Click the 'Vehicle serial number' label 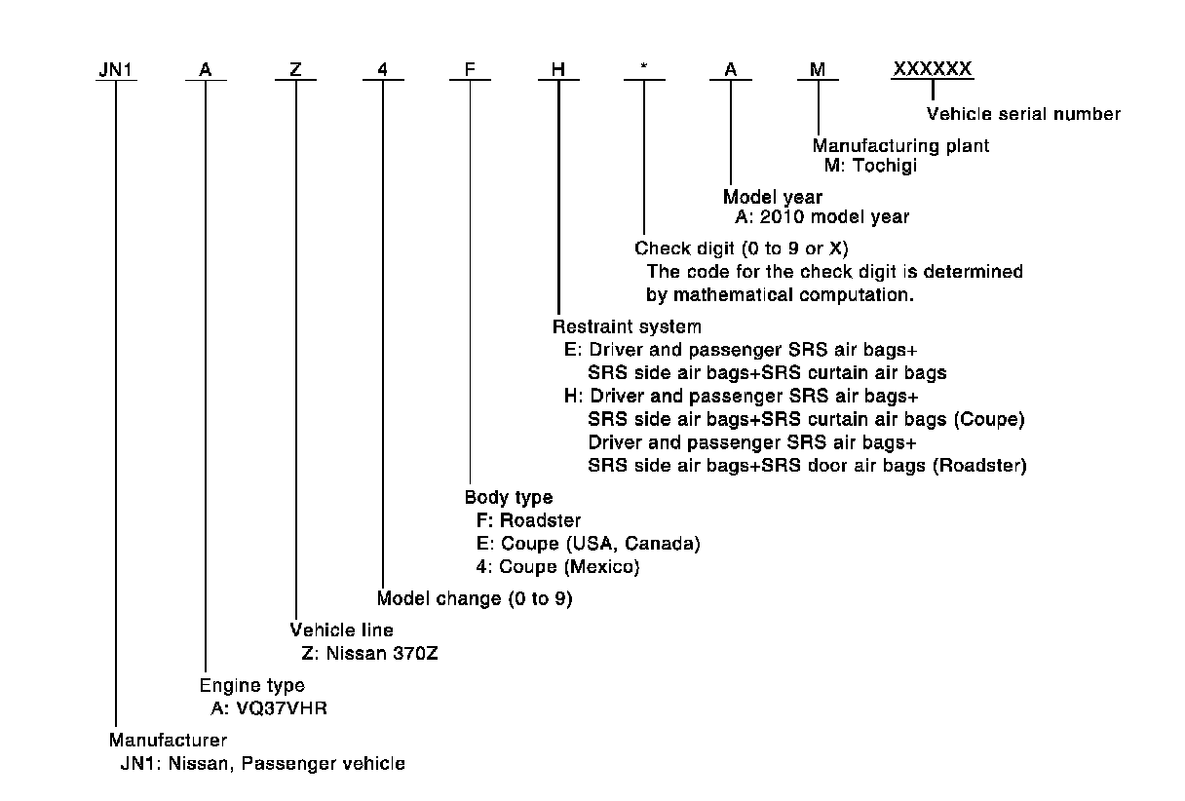[1022, 114]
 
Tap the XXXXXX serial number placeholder [933, 69]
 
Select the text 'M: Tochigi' [870, 166]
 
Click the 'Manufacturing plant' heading [901, 146]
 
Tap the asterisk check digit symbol [644, 71]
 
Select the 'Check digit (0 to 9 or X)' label [742, 248]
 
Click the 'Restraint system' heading [627, 326]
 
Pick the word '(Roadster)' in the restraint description [979, 466]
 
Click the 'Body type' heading [509, 497]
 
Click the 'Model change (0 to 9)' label [475, 598]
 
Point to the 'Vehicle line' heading [342, 630]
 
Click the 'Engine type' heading [252, 685]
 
